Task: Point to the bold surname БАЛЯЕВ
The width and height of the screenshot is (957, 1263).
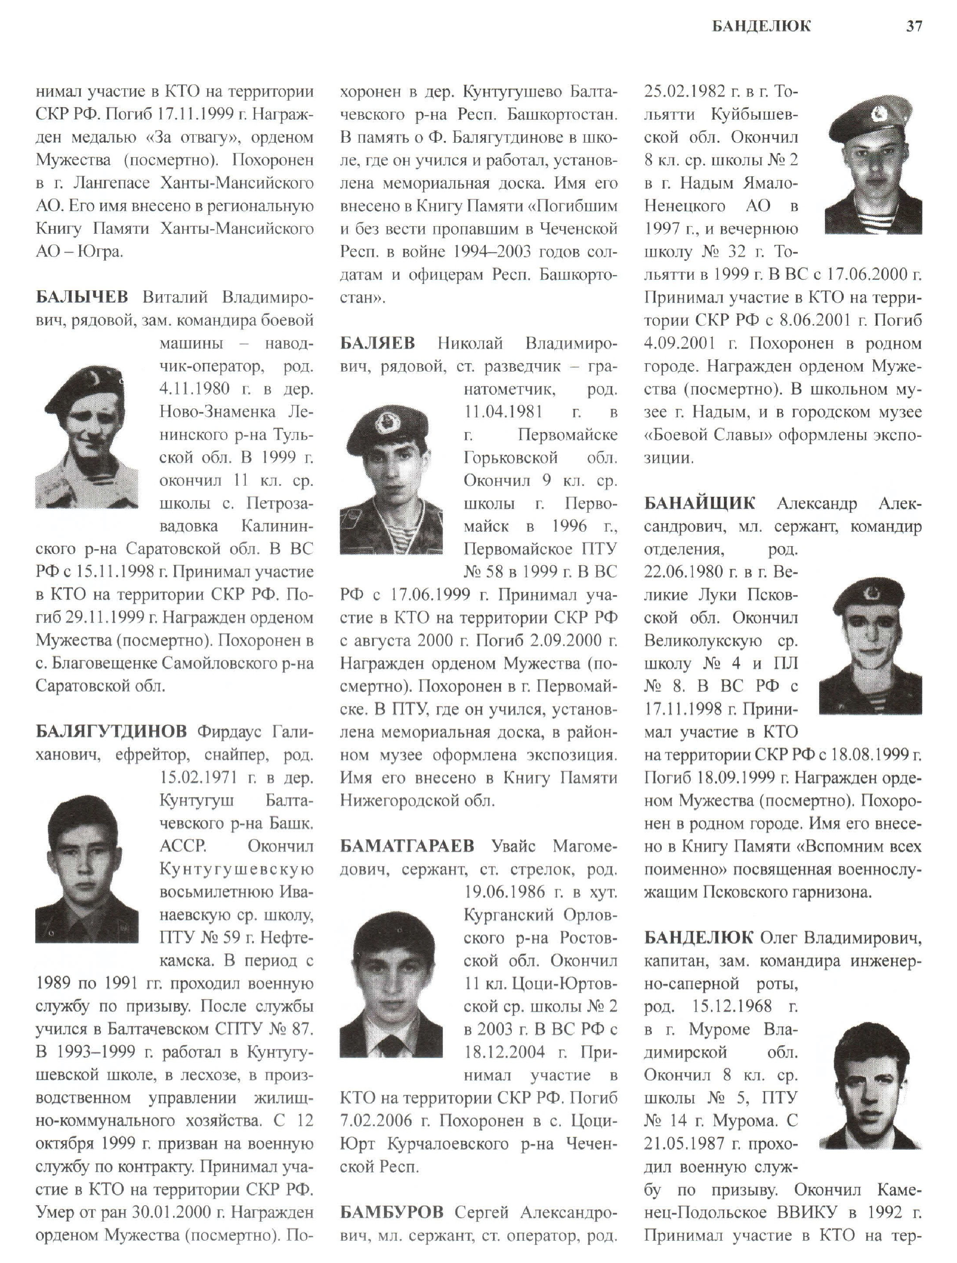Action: point(377,343)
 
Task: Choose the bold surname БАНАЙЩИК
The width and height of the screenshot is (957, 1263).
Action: point(699,503)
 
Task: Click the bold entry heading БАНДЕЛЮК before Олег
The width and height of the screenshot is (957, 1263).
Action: point(699,938)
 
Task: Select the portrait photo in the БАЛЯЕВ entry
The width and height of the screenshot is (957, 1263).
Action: point(391,483)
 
